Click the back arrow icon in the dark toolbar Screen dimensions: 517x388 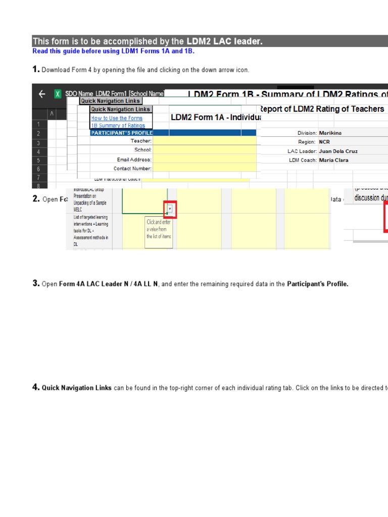coord(42,94)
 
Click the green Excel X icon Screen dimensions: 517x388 coord(58,94)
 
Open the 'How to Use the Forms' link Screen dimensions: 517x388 coord(117,118)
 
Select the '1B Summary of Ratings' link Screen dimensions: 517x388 coord(118,125)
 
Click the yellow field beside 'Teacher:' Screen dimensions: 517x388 coord(205,141)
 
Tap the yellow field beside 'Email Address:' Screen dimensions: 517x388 coord(205,160)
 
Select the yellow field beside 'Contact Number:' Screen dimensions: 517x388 coord(205,169)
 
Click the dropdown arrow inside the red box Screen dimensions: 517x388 coord(170,208)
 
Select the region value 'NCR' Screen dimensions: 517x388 coord(324,142)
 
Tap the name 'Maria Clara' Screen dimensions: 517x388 coord(333,160)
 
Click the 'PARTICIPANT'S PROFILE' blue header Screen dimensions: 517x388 coord(121,133)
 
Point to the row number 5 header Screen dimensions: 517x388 coord(38,161)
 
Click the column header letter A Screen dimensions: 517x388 coord(51,115)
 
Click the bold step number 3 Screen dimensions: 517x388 coord(36,284)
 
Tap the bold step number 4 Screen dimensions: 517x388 coord(36,387)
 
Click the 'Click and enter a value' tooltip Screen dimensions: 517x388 coord(159,229)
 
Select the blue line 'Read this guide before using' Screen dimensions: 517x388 coord(113,51)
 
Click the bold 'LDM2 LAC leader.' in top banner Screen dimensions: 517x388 coord(224,41)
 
